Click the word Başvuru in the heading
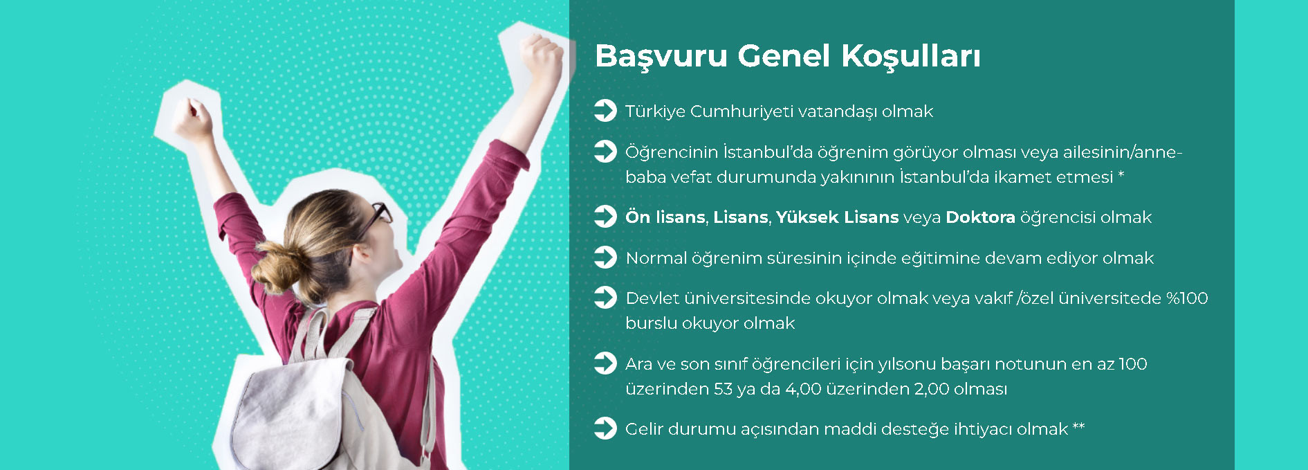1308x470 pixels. click(x=661, y=56)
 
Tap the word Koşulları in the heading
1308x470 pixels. click(x=911, y=56)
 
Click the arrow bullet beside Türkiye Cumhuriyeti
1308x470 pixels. click(x=605, y=111)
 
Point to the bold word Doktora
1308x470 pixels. click(x=980, y=217)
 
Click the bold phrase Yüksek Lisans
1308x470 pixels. click(x=837, y=217)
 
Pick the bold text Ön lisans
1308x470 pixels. click(x=665, y=217)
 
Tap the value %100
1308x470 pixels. click(x=1187, y=298)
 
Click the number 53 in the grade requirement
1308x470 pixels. click(x=723, y=389)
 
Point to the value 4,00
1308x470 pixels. click(x=803, y=389)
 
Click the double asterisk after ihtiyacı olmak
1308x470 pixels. click(x=1078, y=426)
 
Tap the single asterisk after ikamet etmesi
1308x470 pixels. click(x=1121, y=174)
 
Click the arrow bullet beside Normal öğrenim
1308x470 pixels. click(x=605, y=257)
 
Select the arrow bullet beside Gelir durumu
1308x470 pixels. click(x=605, y=428)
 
